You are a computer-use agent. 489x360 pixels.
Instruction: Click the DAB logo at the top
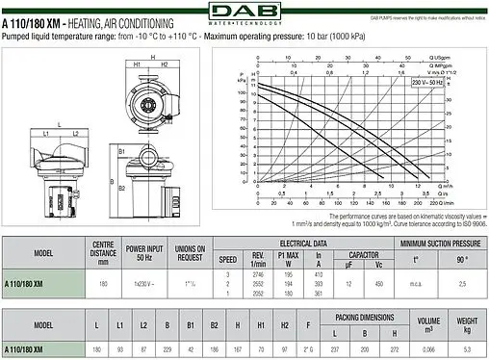pos(244,11)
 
